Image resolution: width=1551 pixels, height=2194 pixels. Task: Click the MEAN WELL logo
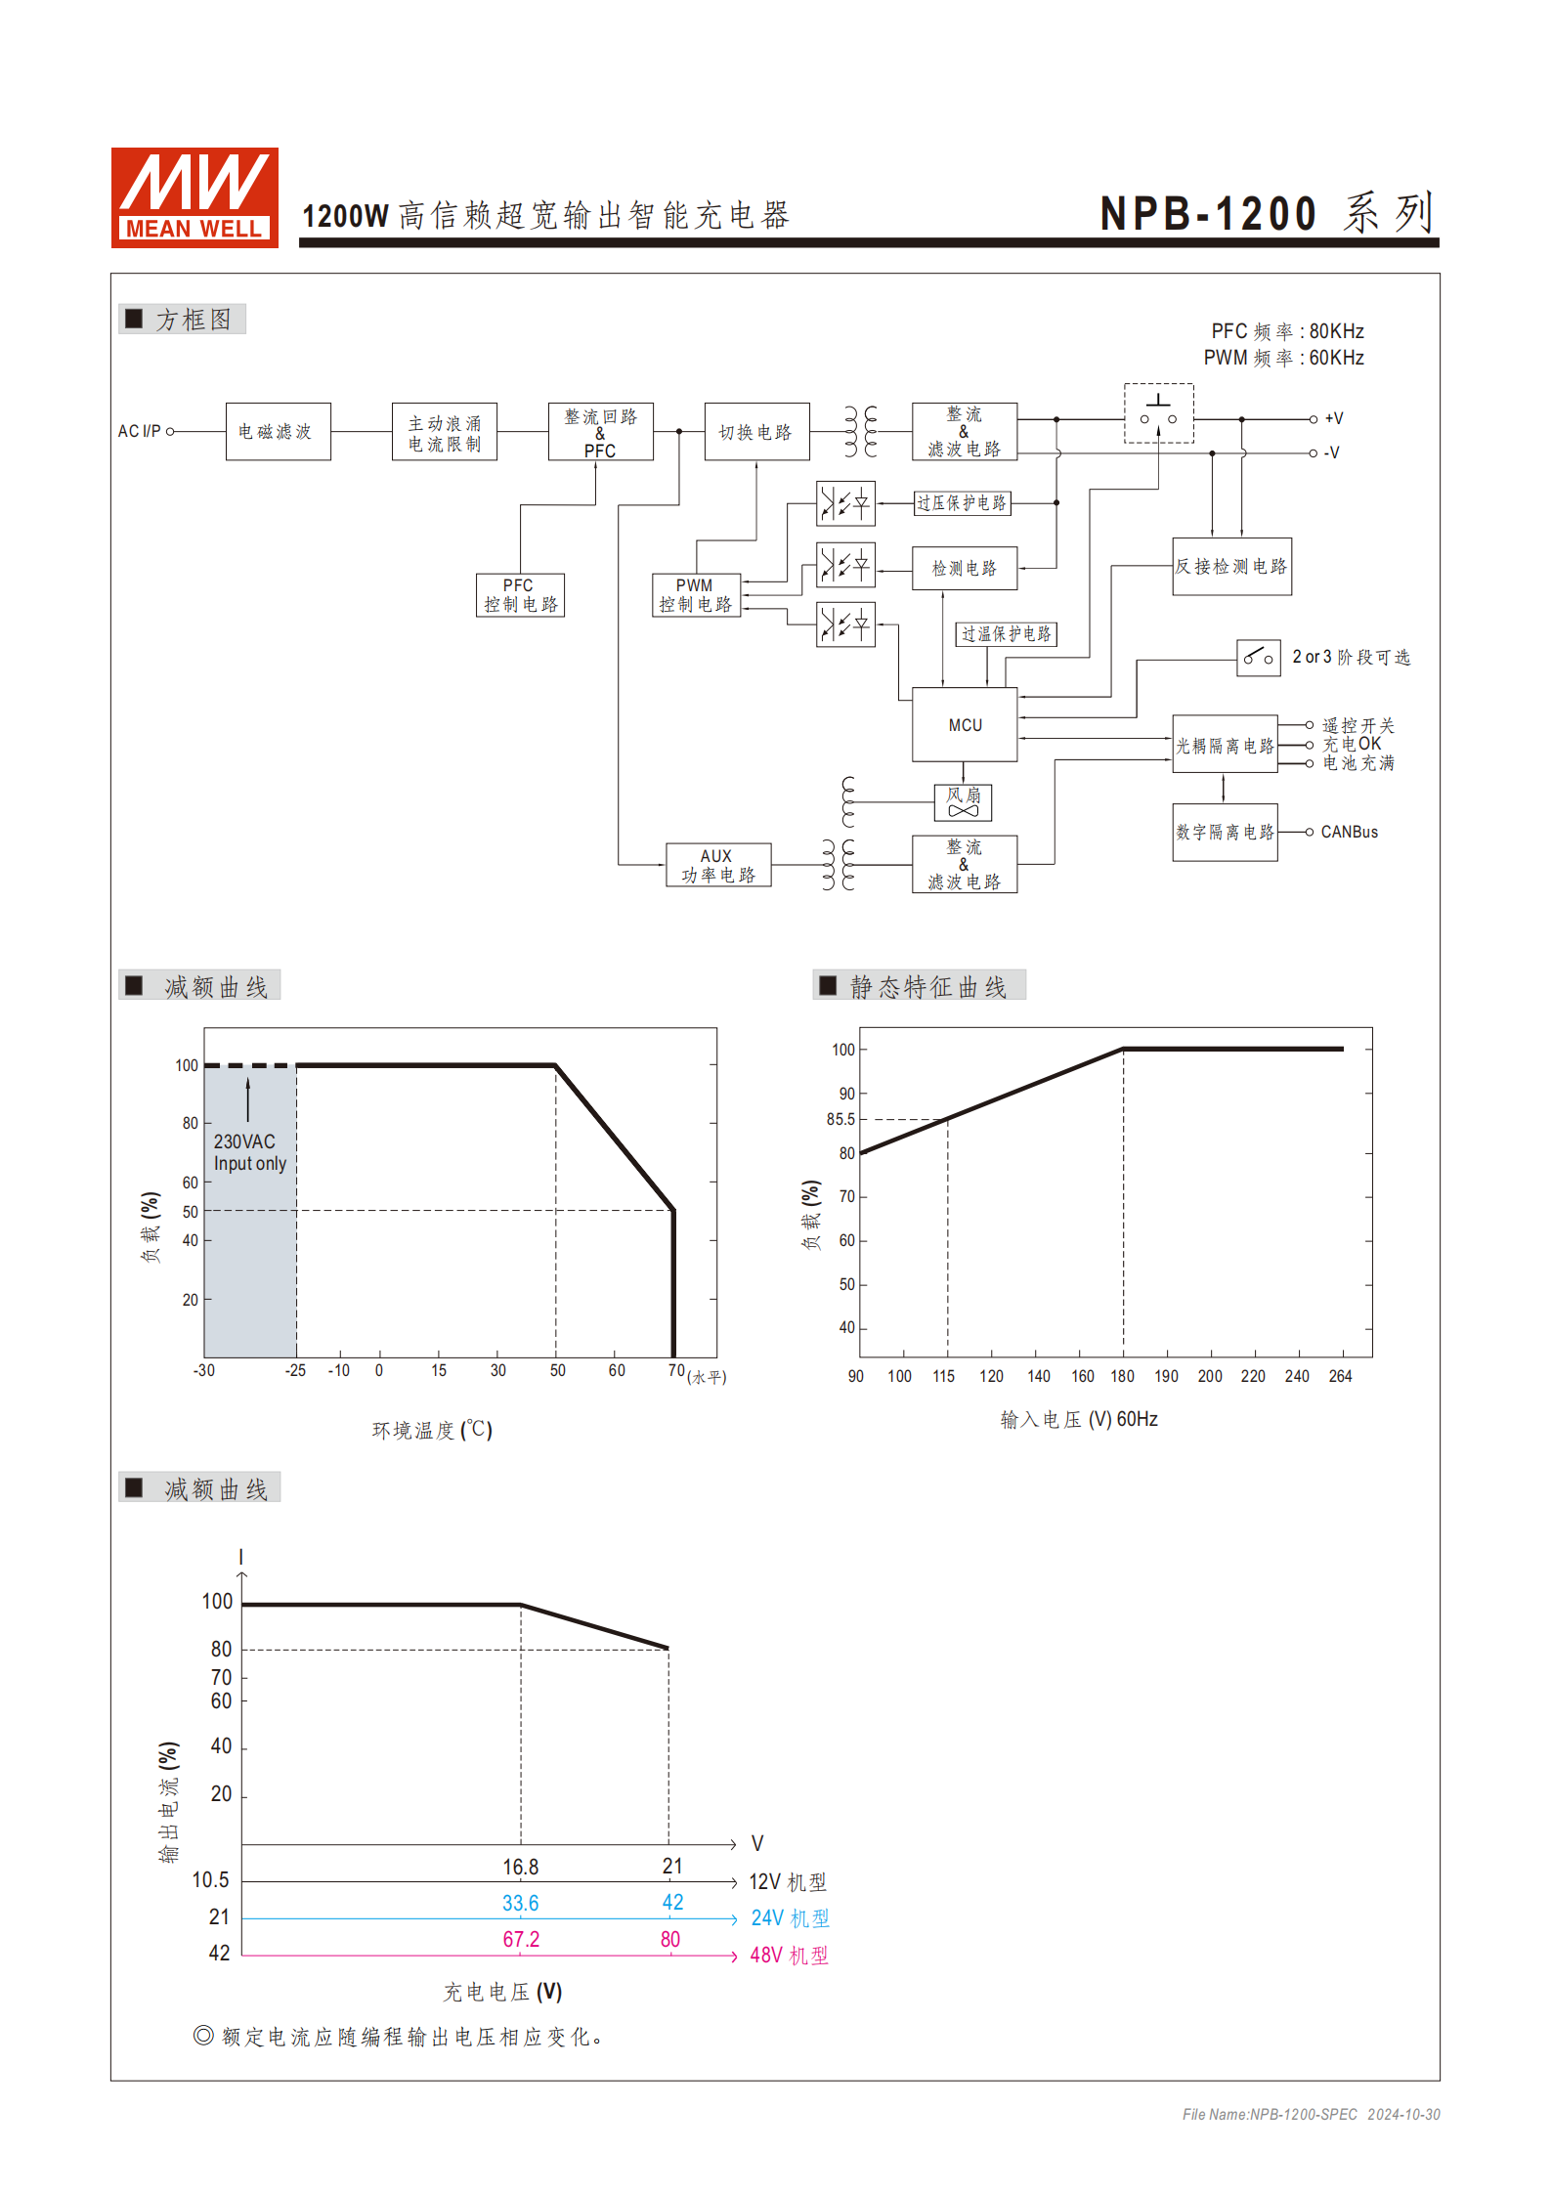point(194,196)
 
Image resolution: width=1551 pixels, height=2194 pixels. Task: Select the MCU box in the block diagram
point(964,724)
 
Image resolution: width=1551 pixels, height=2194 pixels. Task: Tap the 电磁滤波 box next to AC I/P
point(278,431)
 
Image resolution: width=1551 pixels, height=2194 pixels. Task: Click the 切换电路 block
point(756,431)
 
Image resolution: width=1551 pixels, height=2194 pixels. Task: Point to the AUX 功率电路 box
point(717,865)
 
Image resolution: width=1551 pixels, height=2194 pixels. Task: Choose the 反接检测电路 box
point(1231,566)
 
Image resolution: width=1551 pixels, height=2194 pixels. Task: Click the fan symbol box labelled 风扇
point(963,801)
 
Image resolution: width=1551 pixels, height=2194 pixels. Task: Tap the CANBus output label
point(1349,832)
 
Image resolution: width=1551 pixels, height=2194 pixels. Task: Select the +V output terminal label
point(1333,418)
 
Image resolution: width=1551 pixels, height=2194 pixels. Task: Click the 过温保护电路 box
point(1006,634)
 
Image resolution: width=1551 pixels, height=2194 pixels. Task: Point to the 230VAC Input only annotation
point(249,1152)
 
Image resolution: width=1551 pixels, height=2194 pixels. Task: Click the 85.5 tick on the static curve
point(840,1119)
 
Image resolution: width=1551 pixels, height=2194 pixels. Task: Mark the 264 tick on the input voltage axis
point(1340,1376)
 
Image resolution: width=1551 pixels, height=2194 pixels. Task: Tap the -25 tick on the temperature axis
point(295,1370)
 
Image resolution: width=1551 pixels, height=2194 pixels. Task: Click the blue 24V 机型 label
point(789,1918)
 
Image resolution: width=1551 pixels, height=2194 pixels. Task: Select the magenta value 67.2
point(521,1939)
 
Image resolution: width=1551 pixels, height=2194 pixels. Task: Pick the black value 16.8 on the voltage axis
point(520,1867)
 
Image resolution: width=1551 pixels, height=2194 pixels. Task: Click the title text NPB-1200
point(1208,214)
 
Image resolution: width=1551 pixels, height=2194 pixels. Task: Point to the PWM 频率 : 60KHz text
point(1283,358)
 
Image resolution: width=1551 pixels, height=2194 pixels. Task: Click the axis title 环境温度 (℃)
point(432,1430)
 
